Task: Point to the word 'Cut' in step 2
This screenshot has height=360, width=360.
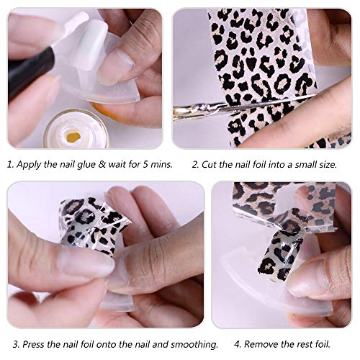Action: click(x=209, y=164)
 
